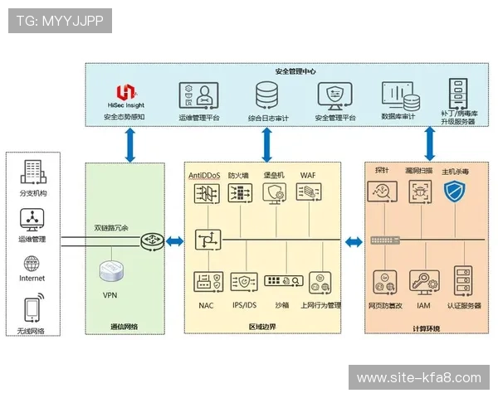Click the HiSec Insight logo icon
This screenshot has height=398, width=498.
(x=124, y=92)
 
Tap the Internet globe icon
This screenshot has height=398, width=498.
(x=32, y=264)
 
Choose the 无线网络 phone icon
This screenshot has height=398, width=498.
(x=32, y=308)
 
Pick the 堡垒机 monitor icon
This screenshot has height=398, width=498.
(x=274, y=194)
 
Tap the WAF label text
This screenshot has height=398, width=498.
(x=307, y=176)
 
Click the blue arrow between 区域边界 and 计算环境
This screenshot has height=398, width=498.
(x=354, y=241)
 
